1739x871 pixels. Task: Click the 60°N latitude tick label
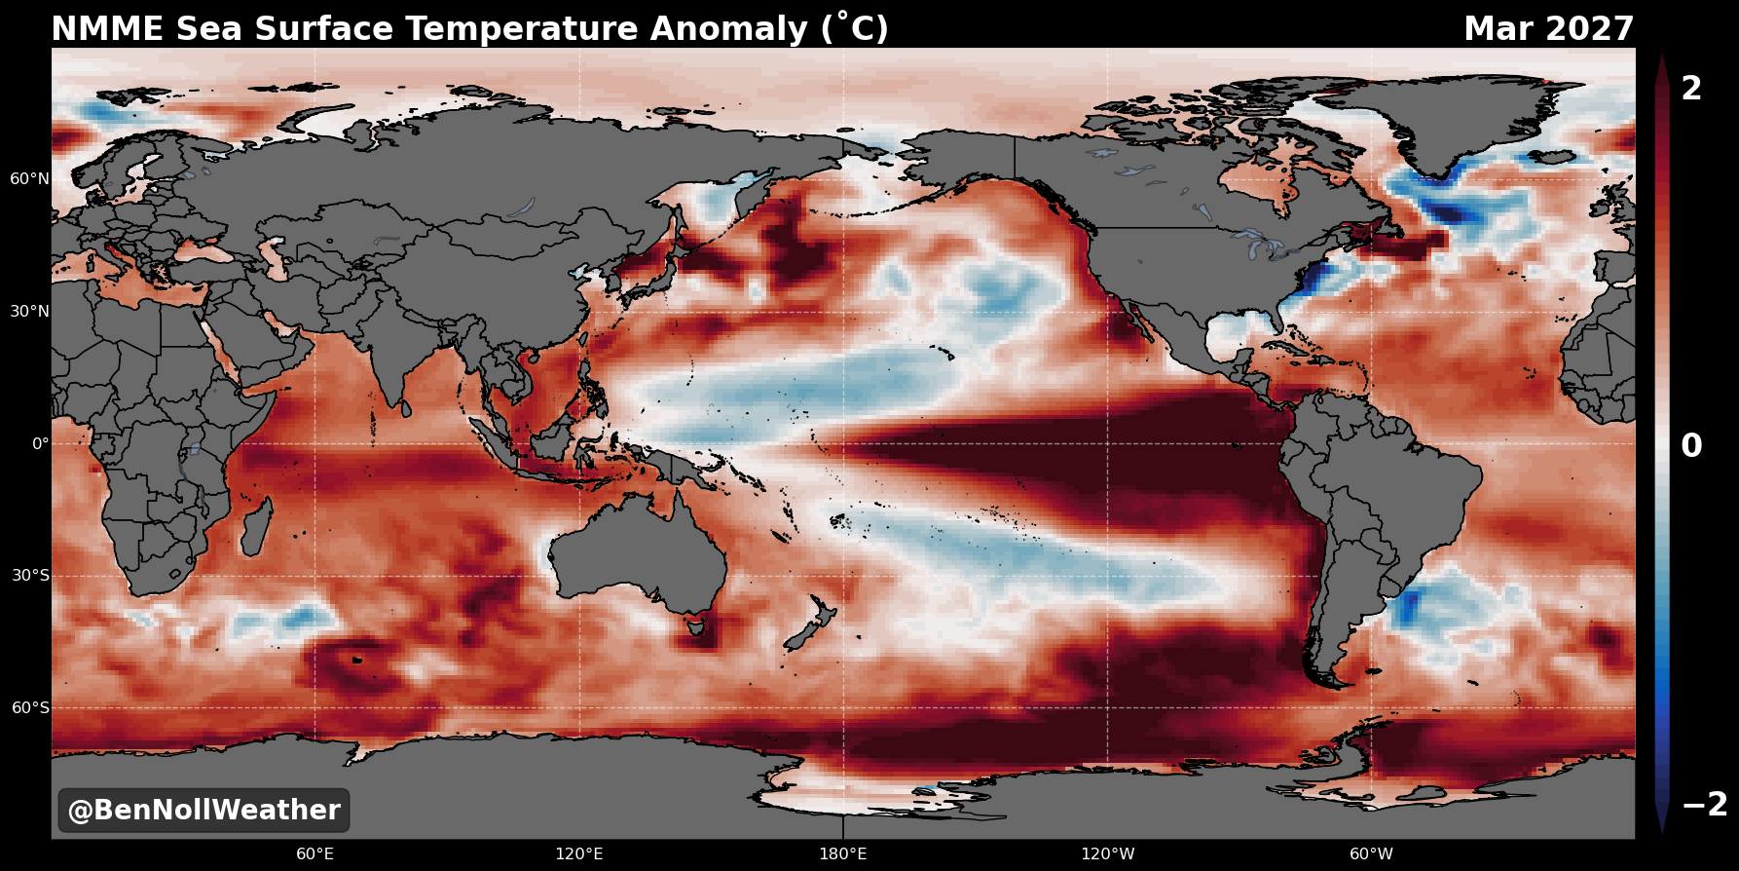[29, 179]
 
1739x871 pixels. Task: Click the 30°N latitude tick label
[29, 312]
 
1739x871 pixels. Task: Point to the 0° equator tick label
[40, 443]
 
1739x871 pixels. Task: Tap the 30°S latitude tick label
[30, 576]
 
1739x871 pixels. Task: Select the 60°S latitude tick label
[30, 707]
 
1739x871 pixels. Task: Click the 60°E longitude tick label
[315, 854]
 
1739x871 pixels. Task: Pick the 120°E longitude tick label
[579, 854]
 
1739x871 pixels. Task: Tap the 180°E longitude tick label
[843, 854]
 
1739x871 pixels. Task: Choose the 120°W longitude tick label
[1107, 854]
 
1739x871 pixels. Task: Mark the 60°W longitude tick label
[1371, 854]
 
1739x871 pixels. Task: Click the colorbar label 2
[1692, 89]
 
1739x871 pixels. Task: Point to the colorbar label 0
[1692, 446]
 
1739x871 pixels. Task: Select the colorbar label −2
[1705, 805]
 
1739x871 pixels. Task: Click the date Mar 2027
[1549, 28]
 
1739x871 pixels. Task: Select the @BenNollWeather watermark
[203, 810]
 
